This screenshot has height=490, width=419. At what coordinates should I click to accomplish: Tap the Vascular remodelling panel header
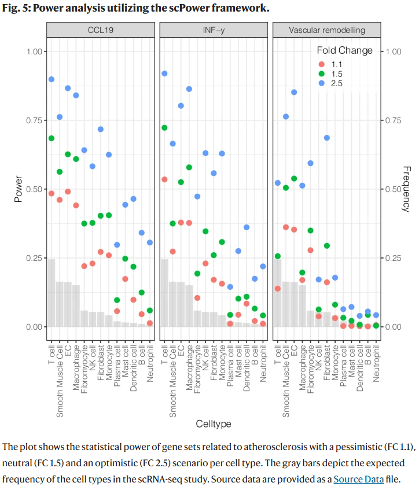[327, 29]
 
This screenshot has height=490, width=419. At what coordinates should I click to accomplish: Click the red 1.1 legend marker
[321, 63]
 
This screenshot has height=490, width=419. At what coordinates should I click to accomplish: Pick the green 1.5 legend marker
[321, 73]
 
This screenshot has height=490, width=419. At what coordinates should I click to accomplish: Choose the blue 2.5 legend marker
[321, 83]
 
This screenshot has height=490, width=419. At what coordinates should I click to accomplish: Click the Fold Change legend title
[345, 50]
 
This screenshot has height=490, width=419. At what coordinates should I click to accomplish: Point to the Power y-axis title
[19, 189]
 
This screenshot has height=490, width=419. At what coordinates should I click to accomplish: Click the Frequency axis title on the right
[405, 189]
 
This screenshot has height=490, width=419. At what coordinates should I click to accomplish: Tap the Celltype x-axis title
[214, 424]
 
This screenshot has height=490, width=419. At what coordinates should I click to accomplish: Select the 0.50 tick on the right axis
[394, 189]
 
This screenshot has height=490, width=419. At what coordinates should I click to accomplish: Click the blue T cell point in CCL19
[52, 79]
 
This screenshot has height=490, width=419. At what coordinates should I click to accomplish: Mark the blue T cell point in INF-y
[164, 73]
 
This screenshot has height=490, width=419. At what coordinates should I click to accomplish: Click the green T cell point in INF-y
[164, 128]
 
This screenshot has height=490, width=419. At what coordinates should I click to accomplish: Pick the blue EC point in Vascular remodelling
[294, 92]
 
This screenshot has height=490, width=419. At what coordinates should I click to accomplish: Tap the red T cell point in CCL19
[52, 193]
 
